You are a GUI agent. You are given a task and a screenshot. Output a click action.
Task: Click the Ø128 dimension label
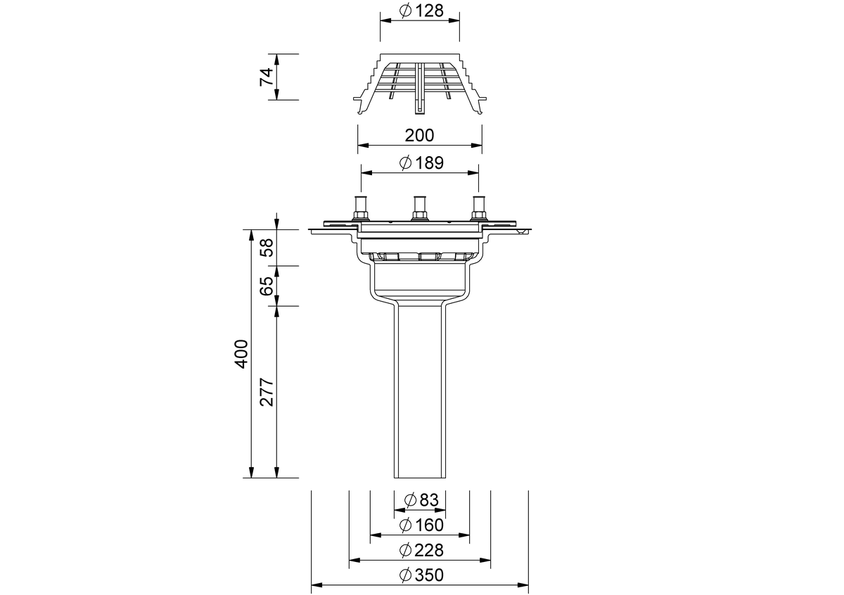[x=421, y=11]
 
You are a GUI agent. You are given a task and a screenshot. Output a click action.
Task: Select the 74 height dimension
[x=267, y=77]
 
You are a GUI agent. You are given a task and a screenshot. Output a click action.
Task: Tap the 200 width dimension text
[x=419, y=135]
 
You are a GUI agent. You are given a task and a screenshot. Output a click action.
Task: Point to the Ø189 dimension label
[x=421, y=163]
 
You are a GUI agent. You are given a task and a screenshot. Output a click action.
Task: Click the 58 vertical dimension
[x=267, y=248]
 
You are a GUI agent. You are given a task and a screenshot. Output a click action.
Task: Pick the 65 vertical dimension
[x=267, y=286]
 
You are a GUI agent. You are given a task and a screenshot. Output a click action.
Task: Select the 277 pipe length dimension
[x=267, y=392]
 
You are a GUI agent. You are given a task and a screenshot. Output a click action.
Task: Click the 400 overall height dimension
[x=241, y=354]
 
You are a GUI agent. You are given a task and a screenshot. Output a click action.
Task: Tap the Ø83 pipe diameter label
[x=421, y=500]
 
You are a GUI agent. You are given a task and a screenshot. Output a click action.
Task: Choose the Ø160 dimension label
[x=421, y=525]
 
